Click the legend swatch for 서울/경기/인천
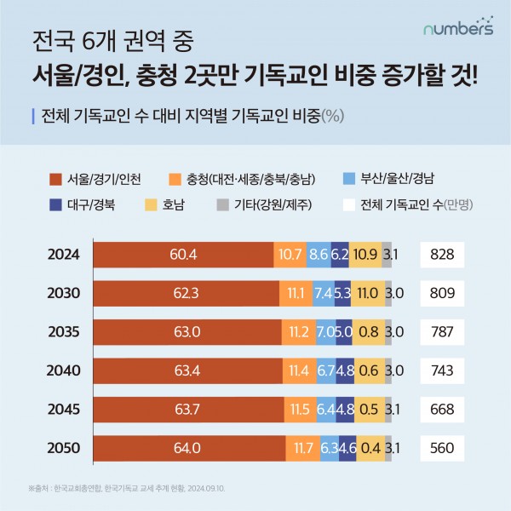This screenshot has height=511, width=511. (x=56, y=179)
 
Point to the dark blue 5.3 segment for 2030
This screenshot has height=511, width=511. (x=343, y=293)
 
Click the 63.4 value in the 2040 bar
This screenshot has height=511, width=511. (x=187, y=370)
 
